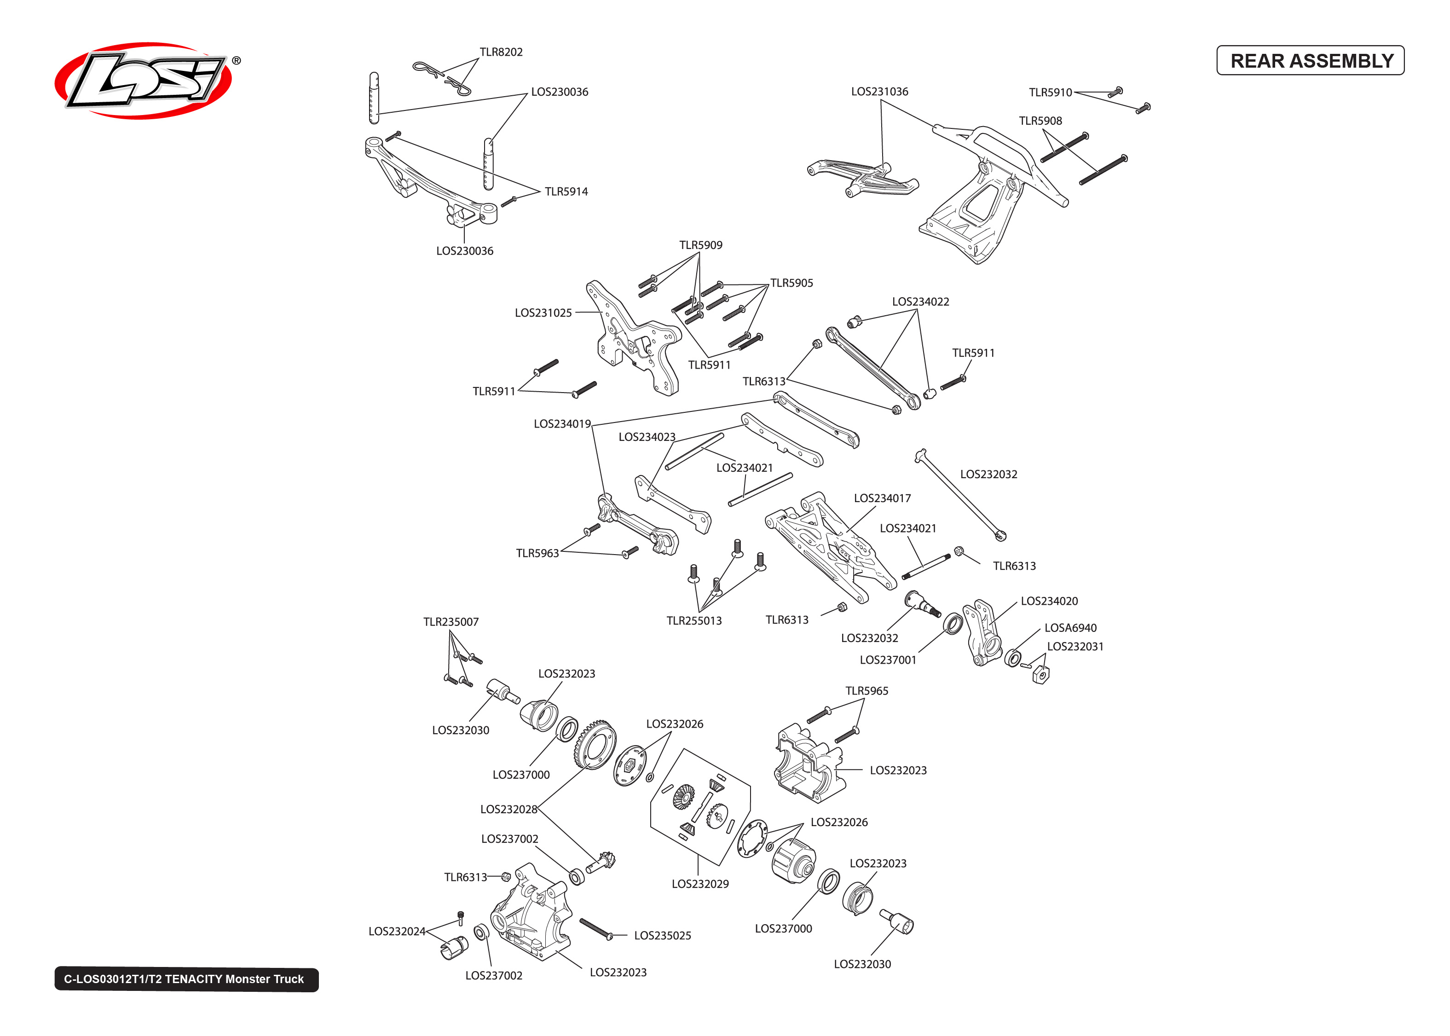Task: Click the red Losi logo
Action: point(144,81)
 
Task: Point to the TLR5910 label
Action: point(1050,93)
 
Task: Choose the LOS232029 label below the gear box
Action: point(699,884)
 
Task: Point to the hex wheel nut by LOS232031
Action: point(1040,674)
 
